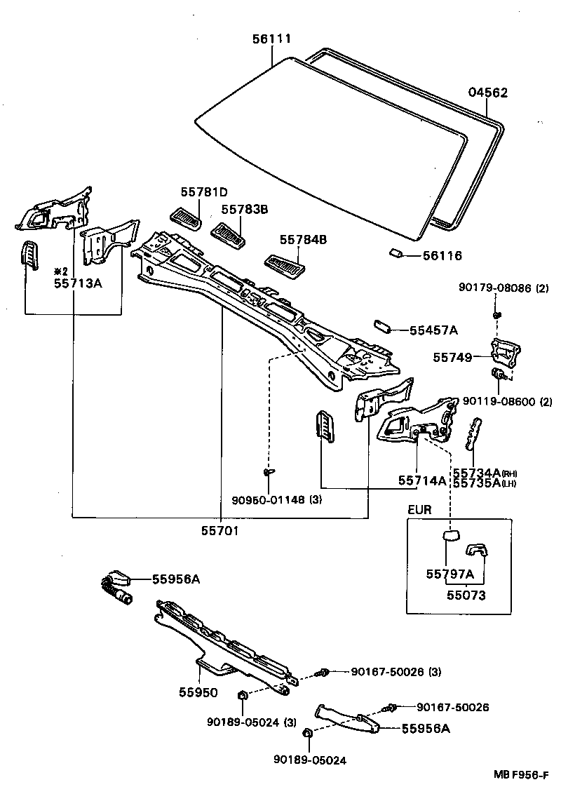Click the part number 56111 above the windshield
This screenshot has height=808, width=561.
(x=271, y=39)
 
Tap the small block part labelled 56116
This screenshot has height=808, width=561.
(x=396, y=252)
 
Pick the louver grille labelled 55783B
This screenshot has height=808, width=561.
(x=230, y=235)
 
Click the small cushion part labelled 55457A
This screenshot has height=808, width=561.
(x=383, y=326)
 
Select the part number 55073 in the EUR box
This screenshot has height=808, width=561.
(x=466, y=595)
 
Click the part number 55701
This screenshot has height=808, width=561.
(x=221, y=531)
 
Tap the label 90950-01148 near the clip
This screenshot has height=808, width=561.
(x=267, y=500)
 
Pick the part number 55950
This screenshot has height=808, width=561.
(x=198, y=692)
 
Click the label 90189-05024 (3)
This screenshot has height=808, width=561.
(x=244, y=722)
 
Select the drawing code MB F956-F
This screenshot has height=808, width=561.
(x=520, y=774)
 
